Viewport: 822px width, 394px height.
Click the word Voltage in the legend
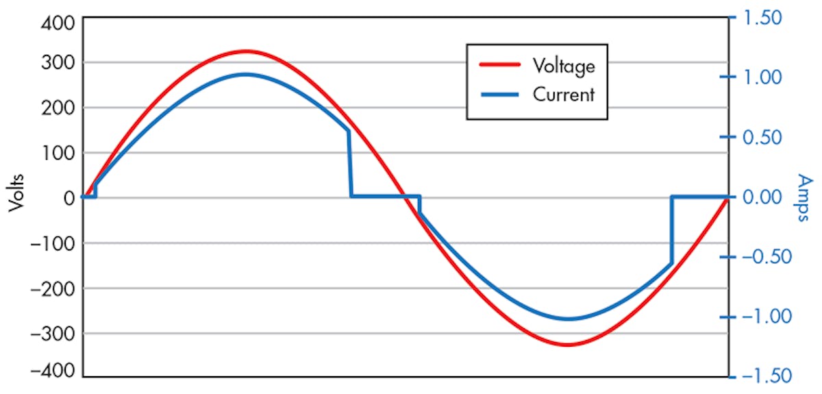pos(563,66)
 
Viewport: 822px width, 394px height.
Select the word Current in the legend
pos(563,95)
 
